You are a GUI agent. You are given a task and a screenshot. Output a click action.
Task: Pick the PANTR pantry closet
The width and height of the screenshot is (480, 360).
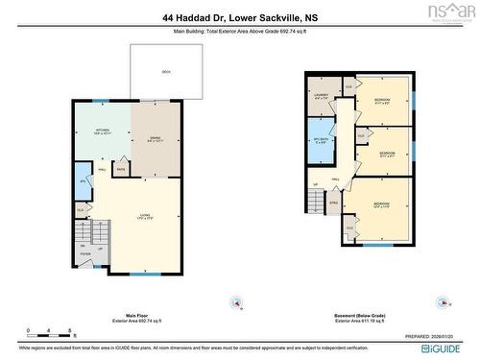pos(121,169)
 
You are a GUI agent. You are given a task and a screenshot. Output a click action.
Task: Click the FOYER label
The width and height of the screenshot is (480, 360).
pos(85,254)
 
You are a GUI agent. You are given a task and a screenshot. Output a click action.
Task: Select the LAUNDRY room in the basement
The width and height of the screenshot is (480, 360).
pos(321,94)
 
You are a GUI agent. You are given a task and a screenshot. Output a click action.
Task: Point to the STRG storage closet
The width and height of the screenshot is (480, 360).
pos(334,204)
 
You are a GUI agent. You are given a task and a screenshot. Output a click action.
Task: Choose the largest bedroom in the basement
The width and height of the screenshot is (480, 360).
pos(381,205)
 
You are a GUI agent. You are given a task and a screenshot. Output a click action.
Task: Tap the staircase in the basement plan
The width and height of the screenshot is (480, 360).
pos(318,201)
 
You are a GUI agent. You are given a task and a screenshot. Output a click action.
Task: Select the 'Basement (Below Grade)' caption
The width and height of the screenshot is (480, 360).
pos(360,288)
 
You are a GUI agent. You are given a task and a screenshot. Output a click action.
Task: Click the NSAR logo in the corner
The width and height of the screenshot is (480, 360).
pos(456,12)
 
